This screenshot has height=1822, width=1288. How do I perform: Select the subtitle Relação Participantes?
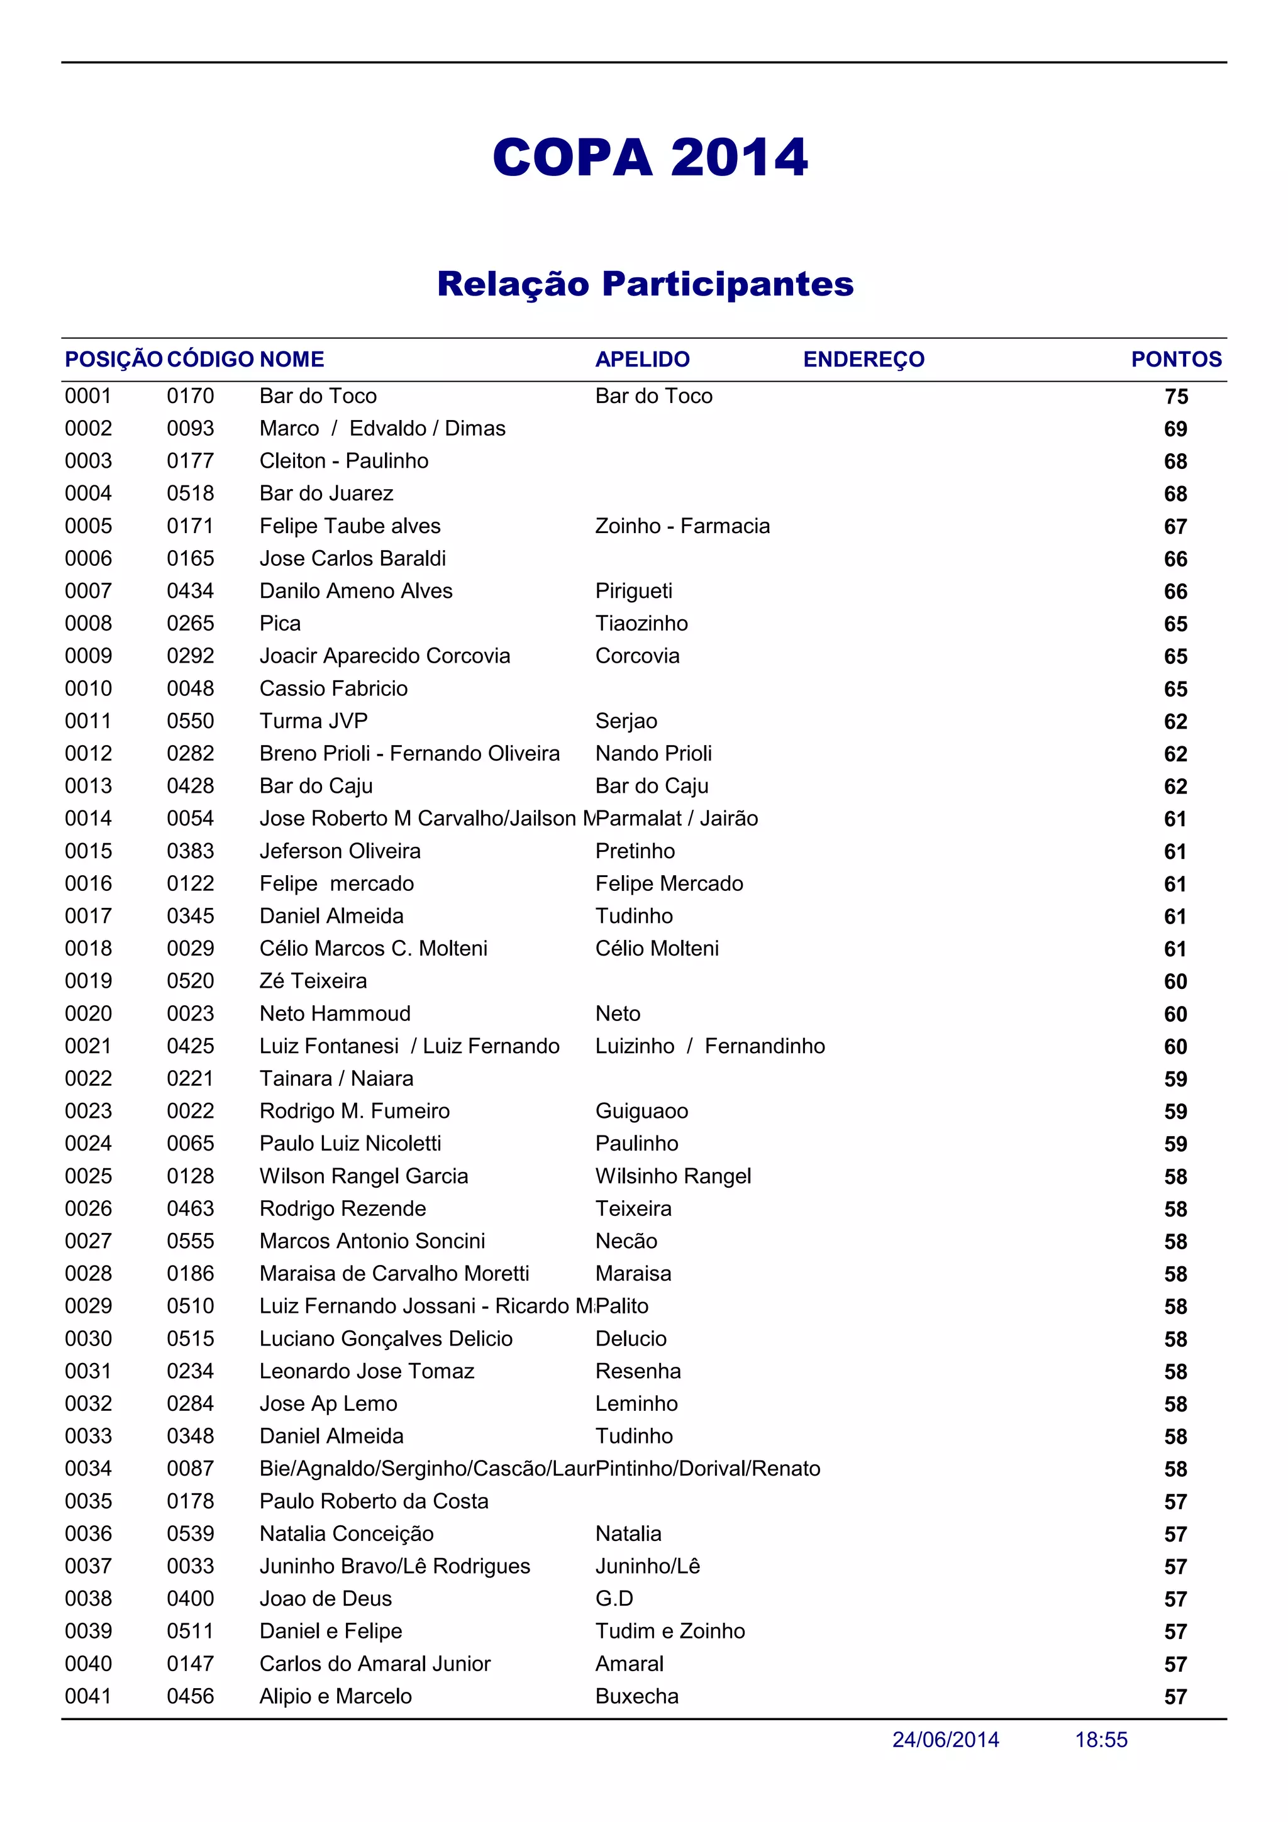pos(645,284)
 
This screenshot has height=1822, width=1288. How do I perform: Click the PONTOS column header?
pos(1175,360)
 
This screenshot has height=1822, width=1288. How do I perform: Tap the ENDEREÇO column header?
pos(863,360)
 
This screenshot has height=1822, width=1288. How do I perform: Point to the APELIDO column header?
pos(642,360)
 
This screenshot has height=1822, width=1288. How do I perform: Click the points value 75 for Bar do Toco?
pos(1175,397)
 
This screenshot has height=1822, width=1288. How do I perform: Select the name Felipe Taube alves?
pos(350,526)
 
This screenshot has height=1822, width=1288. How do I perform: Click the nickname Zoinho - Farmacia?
pos(682,526)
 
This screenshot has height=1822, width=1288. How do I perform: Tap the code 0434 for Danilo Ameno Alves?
pos(191,591)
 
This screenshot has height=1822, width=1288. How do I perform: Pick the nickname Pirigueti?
pos(633,591)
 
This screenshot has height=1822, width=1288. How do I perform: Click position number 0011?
pos(88,721)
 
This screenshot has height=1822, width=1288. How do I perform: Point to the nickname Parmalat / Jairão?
pos(677,819)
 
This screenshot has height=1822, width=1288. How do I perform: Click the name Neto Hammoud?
pos(335,1013)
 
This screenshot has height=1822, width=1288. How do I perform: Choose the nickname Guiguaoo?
pos(641,1111)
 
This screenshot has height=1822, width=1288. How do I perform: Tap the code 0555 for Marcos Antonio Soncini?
pos(191,1241)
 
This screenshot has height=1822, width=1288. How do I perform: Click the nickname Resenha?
pos(638,1371)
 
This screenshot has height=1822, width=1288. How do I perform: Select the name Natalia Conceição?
pos(346,1534)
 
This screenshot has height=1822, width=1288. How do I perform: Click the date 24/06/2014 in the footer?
pos(945,1740)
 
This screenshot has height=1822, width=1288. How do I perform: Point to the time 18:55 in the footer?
pos(1101,1740)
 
